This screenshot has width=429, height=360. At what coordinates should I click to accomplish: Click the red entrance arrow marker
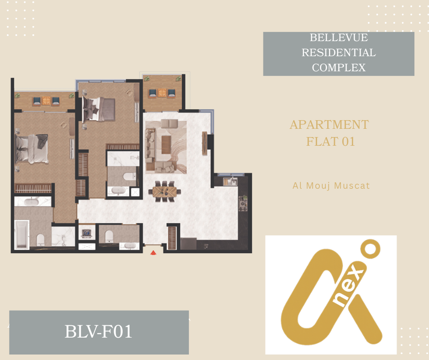tap(153, 253)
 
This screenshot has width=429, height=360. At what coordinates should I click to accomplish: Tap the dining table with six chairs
tap(165, 191)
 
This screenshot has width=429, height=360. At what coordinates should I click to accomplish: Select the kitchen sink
tap(230, 181)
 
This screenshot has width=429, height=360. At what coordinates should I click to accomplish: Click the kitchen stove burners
tap(243, 204)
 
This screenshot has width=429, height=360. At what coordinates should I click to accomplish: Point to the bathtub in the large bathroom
tap(21, 234)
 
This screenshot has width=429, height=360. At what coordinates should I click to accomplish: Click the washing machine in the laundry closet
tap(87, 233)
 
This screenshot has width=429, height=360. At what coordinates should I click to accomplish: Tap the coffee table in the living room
tap(166, 145)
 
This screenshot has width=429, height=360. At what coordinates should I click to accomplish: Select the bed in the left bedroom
tap(32, 148)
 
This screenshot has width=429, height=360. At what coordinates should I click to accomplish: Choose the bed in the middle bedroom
tap(99, 109)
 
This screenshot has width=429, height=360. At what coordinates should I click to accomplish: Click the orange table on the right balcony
tap(162, 93)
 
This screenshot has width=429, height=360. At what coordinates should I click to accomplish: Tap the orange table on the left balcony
tap(46, 101)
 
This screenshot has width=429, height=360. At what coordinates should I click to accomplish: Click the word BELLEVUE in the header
tap(339, 37)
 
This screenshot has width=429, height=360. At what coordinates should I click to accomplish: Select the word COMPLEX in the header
tap(339, 68)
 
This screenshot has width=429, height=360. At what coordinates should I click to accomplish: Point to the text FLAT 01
tap(330, 142)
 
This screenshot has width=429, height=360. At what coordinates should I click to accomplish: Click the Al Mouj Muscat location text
tap(331, 185)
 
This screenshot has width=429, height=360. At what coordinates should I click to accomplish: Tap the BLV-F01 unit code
tap(99, 331)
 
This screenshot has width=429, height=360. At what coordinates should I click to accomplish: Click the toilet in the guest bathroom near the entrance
tap(109, 236)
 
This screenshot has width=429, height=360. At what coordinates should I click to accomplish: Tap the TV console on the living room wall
tap(204, 143)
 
